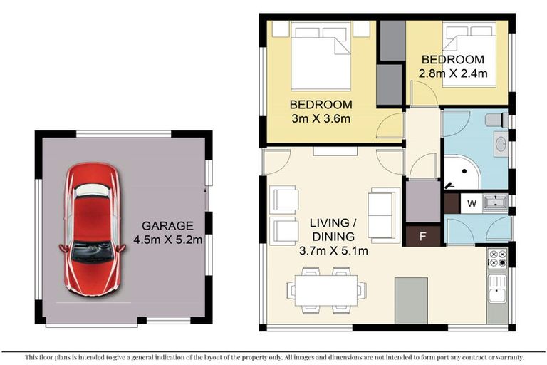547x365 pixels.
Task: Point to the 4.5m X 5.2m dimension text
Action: tap(169, 240)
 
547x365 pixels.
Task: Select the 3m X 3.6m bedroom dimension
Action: tap(321, 118)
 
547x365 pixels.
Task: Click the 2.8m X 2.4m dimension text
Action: tap(452, 73)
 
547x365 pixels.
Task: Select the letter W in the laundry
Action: tap(471, 203)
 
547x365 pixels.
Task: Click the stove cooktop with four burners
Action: tap(497, 255)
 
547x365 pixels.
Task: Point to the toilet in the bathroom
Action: tap(497, 120)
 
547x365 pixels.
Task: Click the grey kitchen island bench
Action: tap(411, 300)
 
